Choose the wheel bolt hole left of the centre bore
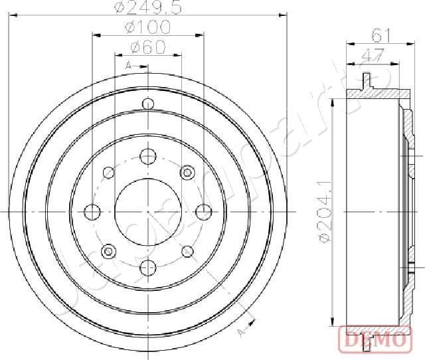click(x=93, y=211)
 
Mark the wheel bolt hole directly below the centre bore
click(x=148, y=267)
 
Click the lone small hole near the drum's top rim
click(x=148, y=104)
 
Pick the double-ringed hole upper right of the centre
click(x=187, y=173)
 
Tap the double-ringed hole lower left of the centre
click(x=108, y=250)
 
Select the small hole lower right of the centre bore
click(x=187, y=250)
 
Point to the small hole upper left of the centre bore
click(x=108, y=173)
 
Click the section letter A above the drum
click(x=128, y=65)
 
